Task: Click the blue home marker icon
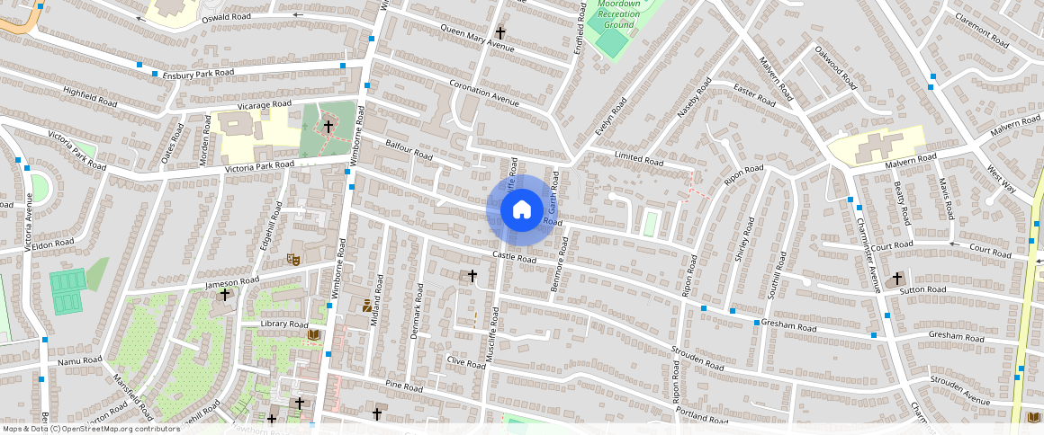pos(521,210)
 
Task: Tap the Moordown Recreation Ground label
pos(618,14)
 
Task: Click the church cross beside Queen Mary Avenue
pos(500,33)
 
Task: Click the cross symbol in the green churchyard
pos(328,127)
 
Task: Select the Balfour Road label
pos(409,149)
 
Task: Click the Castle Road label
pos(514,258)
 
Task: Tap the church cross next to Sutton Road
pos(897,280)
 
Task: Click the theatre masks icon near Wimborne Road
pos(292,258)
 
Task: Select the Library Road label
pos(283,324)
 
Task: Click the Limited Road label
pos(639,159)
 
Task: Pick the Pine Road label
pos(403,387)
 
